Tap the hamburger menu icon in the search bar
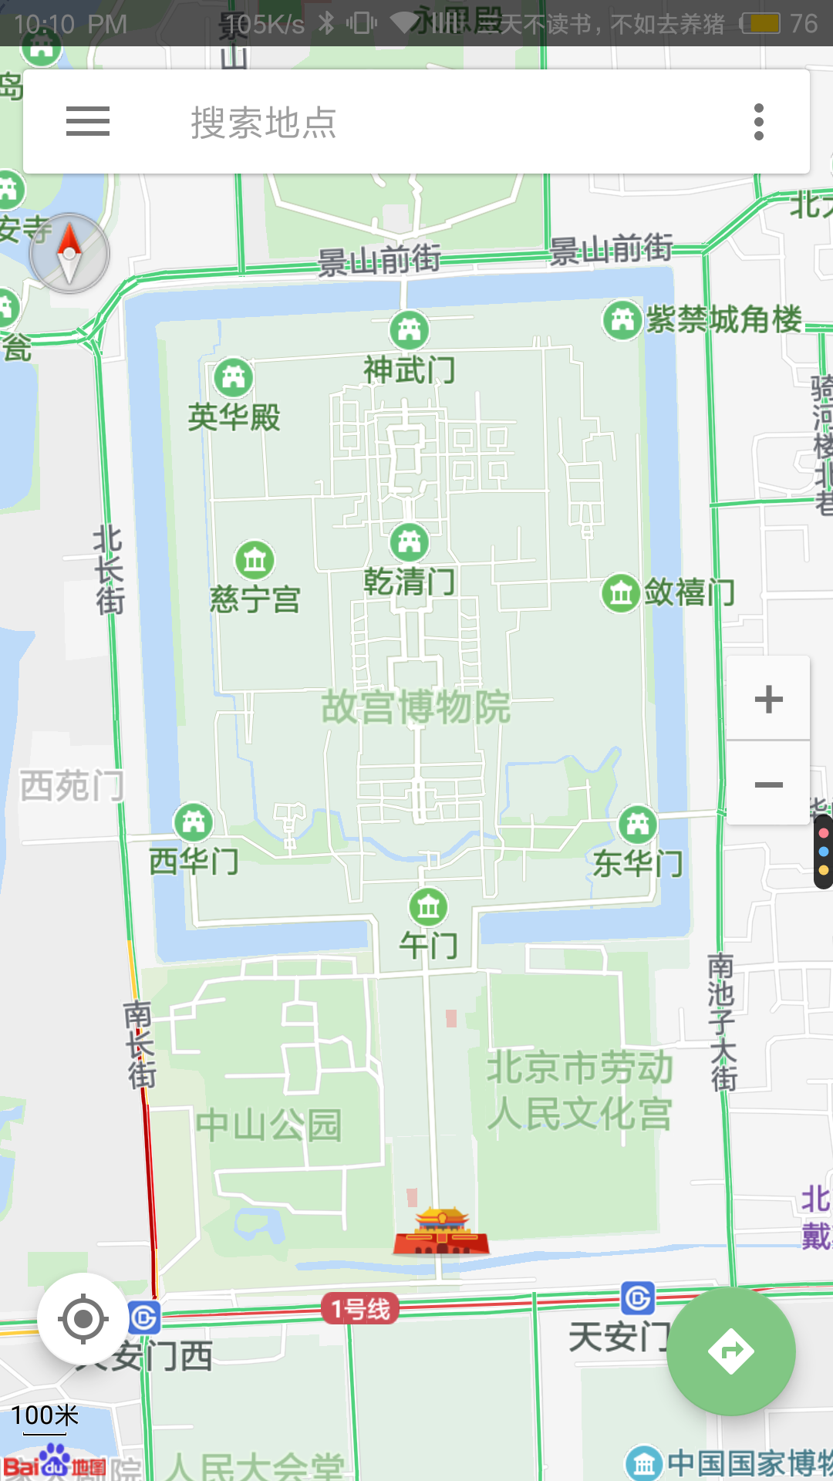coord(88,122)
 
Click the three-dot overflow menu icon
coord(759,122)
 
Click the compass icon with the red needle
coord(69,253)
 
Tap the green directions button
coord(730,1351)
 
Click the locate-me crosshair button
coord(83,1319)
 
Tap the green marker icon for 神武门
coord(410,330)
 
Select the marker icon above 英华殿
coord(233,377)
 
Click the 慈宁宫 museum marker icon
coord(255,560)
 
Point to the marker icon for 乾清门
coord(410,542)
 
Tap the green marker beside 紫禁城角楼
coord(622,319)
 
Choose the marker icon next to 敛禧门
coord(621,593)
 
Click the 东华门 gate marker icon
coord(638,825)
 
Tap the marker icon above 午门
coord(429,907)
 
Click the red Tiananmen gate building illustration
coord(441,1232)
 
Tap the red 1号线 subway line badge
coord(360,1308)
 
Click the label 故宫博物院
coord(416,707)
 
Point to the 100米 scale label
coord(45,1415)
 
